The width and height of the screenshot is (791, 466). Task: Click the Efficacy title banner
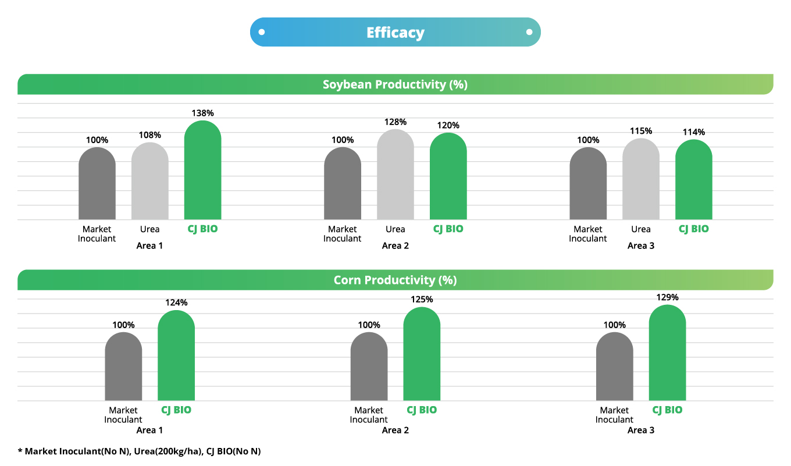395,32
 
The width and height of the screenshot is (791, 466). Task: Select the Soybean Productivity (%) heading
395,84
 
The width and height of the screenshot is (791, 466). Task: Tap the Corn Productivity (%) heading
395,280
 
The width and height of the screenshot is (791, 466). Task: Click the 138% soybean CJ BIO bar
202,172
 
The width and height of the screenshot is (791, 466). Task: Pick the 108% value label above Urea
149,135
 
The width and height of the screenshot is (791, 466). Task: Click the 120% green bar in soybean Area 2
448,177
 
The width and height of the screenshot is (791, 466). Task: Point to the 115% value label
640,131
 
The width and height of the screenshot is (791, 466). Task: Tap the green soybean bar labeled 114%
693,180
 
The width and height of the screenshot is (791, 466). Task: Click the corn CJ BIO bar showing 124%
176,356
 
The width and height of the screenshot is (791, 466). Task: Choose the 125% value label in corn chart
422,299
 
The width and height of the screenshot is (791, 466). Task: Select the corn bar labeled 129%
667,354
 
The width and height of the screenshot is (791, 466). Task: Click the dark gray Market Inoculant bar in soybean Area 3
588,184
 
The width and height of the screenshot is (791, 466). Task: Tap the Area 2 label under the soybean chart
395,246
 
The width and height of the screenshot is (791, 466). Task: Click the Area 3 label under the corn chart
640,431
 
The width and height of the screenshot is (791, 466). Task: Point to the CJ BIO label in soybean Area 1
202,229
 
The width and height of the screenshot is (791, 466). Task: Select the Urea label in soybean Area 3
640,229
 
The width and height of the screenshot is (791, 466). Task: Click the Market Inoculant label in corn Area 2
369,415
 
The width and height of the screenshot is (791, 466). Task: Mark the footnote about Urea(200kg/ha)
140,451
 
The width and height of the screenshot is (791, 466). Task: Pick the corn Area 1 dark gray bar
123,367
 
